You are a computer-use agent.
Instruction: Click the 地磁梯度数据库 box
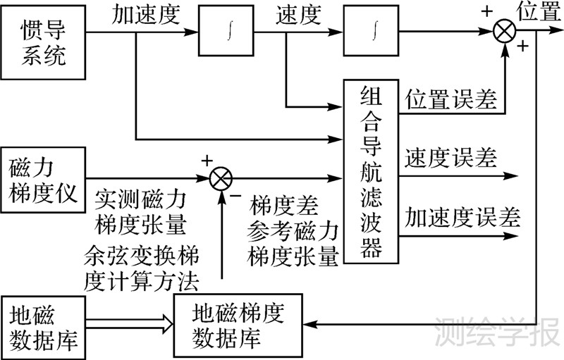coord(237,325)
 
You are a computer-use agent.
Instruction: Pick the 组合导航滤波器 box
coord(372,170)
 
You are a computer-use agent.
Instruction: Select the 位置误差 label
coord(450,99)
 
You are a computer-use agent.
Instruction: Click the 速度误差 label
coord(450,157)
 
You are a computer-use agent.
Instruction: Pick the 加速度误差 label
coord(462,216)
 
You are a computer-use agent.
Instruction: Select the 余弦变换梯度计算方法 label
coord(140,267)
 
